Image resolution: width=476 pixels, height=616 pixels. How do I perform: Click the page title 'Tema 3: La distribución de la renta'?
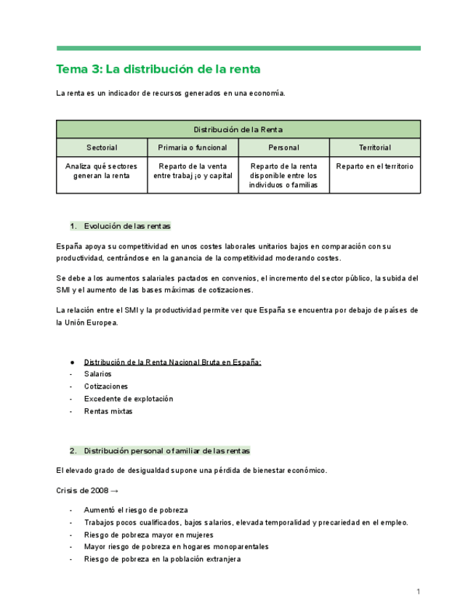(x=158, y=70)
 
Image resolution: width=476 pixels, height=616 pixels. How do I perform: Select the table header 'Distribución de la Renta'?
(x=238, y=129)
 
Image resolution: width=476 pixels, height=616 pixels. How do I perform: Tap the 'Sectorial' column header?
(x=102, y=147)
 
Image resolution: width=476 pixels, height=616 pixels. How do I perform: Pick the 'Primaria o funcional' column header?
(x=193, y=147)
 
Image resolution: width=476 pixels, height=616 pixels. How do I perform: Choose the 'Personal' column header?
(x=283, y=147)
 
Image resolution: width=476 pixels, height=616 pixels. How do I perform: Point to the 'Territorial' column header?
(x=374, y=147)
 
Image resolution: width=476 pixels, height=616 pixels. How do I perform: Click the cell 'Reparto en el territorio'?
(x=374, y=166)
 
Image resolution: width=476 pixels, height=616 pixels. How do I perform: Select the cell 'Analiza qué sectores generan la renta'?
(x=102, y=171)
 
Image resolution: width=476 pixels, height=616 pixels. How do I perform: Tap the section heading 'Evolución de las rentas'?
(x=127, y=226)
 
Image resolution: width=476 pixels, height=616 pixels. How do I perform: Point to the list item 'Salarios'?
(x=98, y=373)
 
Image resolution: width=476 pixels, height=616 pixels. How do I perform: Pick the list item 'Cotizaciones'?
(x=106, y=386)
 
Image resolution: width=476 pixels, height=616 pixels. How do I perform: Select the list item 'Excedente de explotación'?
(x=129, y=399)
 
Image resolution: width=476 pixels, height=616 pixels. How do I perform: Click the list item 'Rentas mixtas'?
(x=108, y=412)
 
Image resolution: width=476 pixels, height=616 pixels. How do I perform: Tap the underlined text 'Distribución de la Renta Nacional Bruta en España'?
(x=173, y=361)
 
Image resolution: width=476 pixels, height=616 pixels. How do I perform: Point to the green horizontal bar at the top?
(x=238, y=49)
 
